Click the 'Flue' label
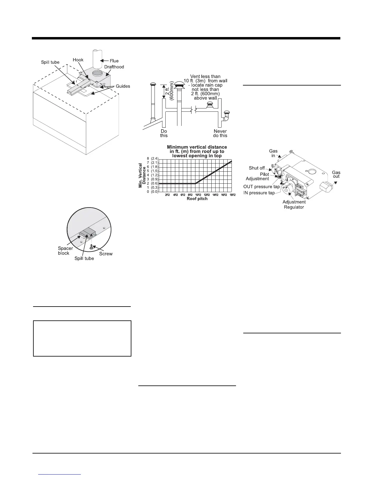(114, 61)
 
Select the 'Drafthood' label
(114, 67)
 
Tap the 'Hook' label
(78, 60)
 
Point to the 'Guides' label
(123, 86)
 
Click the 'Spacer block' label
(65, 251)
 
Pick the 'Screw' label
(106, 254)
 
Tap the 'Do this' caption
(164, 133)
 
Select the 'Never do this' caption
(220, 133)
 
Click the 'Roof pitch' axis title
(197, 199)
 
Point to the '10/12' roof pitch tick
(198, 195)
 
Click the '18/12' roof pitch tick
(232, 195)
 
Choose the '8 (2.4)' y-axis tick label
(152, 158)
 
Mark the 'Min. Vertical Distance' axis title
(142, 176)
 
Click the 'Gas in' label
(273, 153)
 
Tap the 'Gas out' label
(336, 174)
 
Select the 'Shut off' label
(257, 168)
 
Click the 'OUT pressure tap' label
(261, 187)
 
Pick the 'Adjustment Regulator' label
(294, 204)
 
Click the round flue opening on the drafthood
(98, 73)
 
